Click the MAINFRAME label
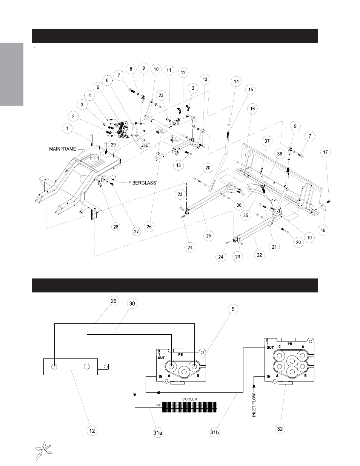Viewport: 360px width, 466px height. click(63, 149)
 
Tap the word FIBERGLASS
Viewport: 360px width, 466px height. click(142, 183)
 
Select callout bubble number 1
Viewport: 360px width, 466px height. click(67, 128)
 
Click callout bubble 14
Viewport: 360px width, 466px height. click(236, 82)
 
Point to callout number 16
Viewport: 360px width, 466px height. click(252, 109)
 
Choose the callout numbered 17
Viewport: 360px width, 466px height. click(325, 152)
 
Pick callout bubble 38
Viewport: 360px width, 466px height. click(280, 154)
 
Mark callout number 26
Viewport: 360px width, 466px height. click(149, 227)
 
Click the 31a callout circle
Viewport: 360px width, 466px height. click(158, 433)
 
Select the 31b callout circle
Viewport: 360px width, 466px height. click(215, 432)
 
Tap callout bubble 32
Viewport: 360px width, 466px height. click(280, 429)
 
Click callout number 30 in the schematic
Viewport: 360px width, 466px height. click(132, 304)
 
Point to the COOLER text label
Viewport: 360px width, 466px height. click(189, 399)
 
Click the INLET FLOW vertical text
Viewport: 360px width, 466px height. click(254, 405)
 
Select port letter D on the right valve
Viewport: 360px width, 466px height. click(303, 347)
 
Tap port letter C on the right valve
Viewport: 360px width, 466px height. click(280, 346)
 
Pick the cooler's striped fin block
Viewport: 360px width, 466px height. click(189, 407)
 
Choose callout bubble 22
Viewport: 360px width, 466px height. click(260, 255)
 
